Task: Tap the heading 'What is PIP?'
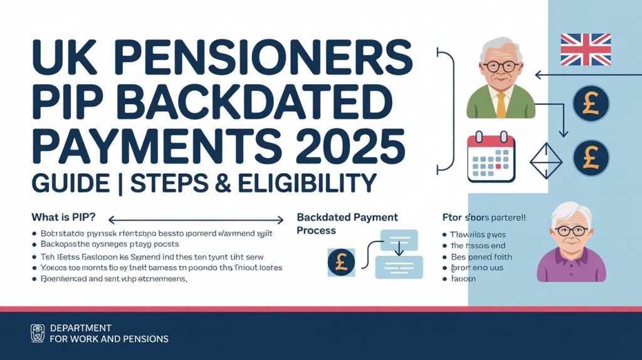click(63, 218)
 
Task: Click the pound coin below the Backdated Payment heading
click(341, 263)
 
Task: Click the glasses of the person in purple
click(571, 231)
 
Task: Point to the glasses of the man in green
click(501, 65)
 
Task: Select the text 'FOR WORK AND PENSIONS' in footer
click(108, 339)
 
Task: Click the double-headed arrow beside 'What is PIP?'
click(196, 220)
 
